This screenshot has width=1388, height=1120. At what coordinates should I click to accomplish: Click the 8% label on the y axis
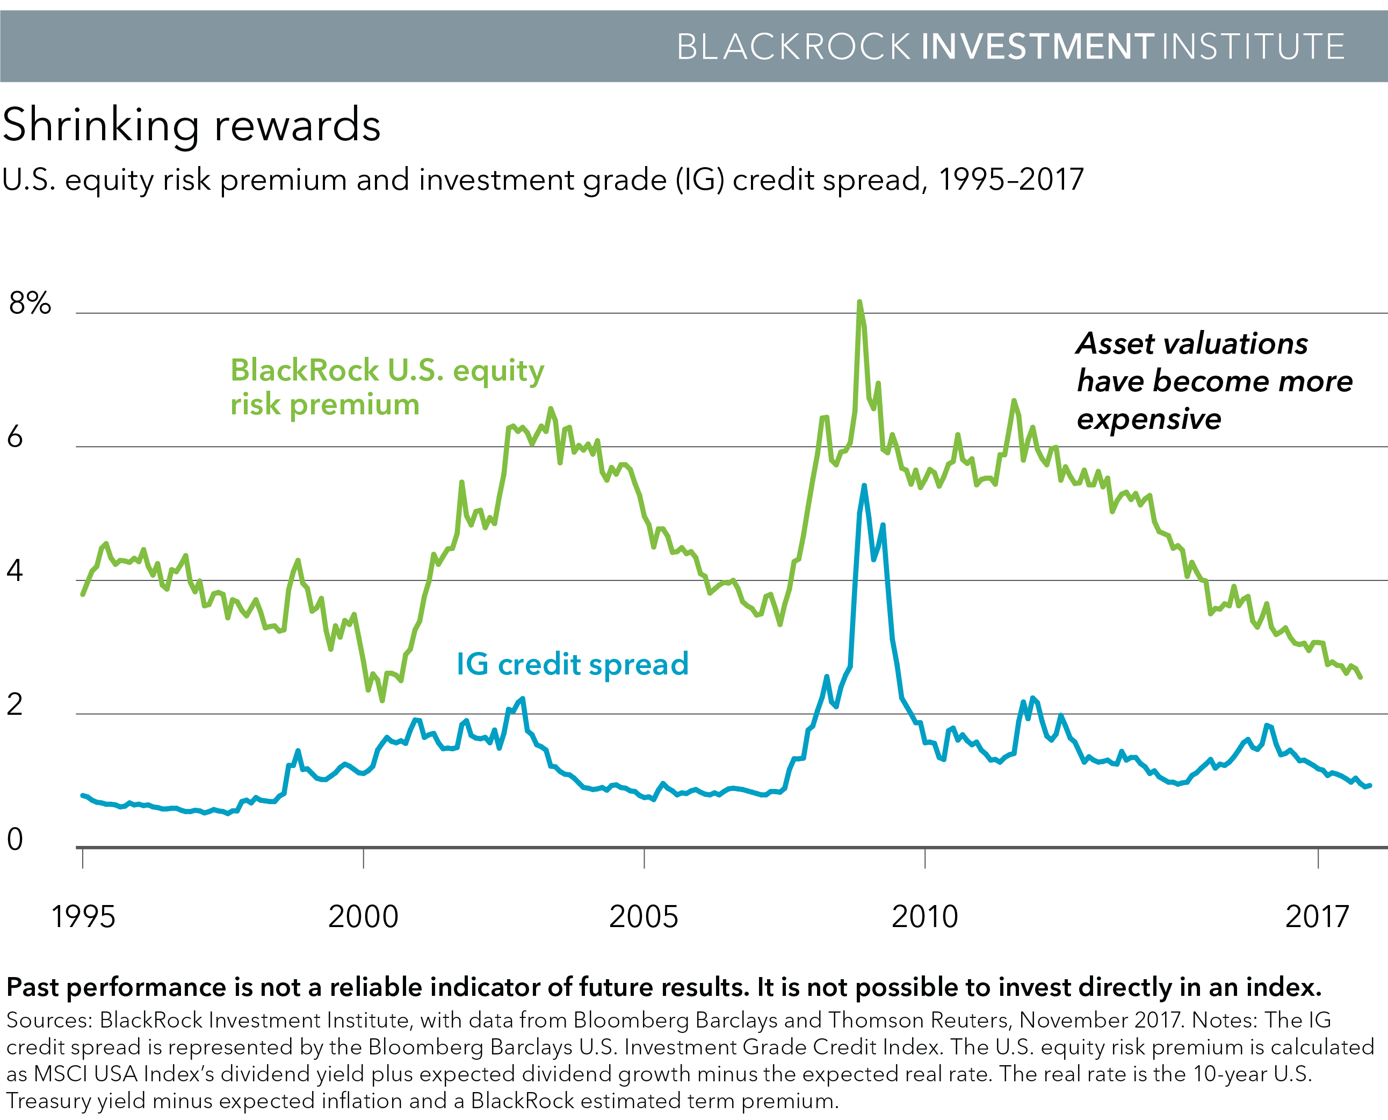click(30, 303)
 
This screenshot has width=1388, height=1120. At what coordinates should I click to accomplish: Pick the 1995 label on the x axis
click(83, 917)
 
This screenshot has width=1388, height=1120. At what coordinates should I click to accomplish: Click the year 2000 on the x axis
click(364, 917)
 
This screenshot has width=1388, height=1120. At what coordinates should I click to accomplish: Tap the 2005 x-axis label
click(644, 917)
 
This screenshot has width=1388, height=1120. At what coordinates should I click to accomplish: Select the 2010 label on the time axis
click(925, 917)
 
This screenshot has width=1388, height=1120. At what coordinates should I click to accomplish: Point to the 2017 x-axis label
click(1317, 917)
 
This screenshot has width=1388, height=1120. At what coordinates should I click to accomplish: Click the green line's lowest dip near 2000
click(382, 700)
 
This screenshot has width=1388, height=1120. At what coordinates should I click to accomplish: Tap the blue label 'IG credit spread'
click(573, 664)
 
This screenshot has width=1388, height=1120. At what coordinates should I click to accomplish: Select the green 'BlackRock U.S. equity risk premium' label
click(387, 387)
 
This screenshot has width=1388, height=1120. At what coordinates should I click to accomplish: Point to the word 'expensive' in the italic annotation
click(1149, 419)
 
